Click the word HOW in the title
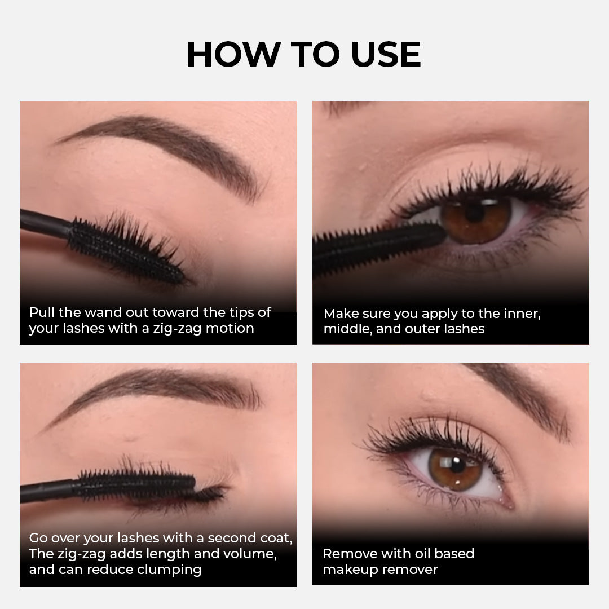[234, 54]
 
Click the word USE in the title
[386, 54]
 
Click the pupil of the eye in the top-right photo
[474, 213]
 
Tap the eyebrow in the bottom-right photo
[520, 400]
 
